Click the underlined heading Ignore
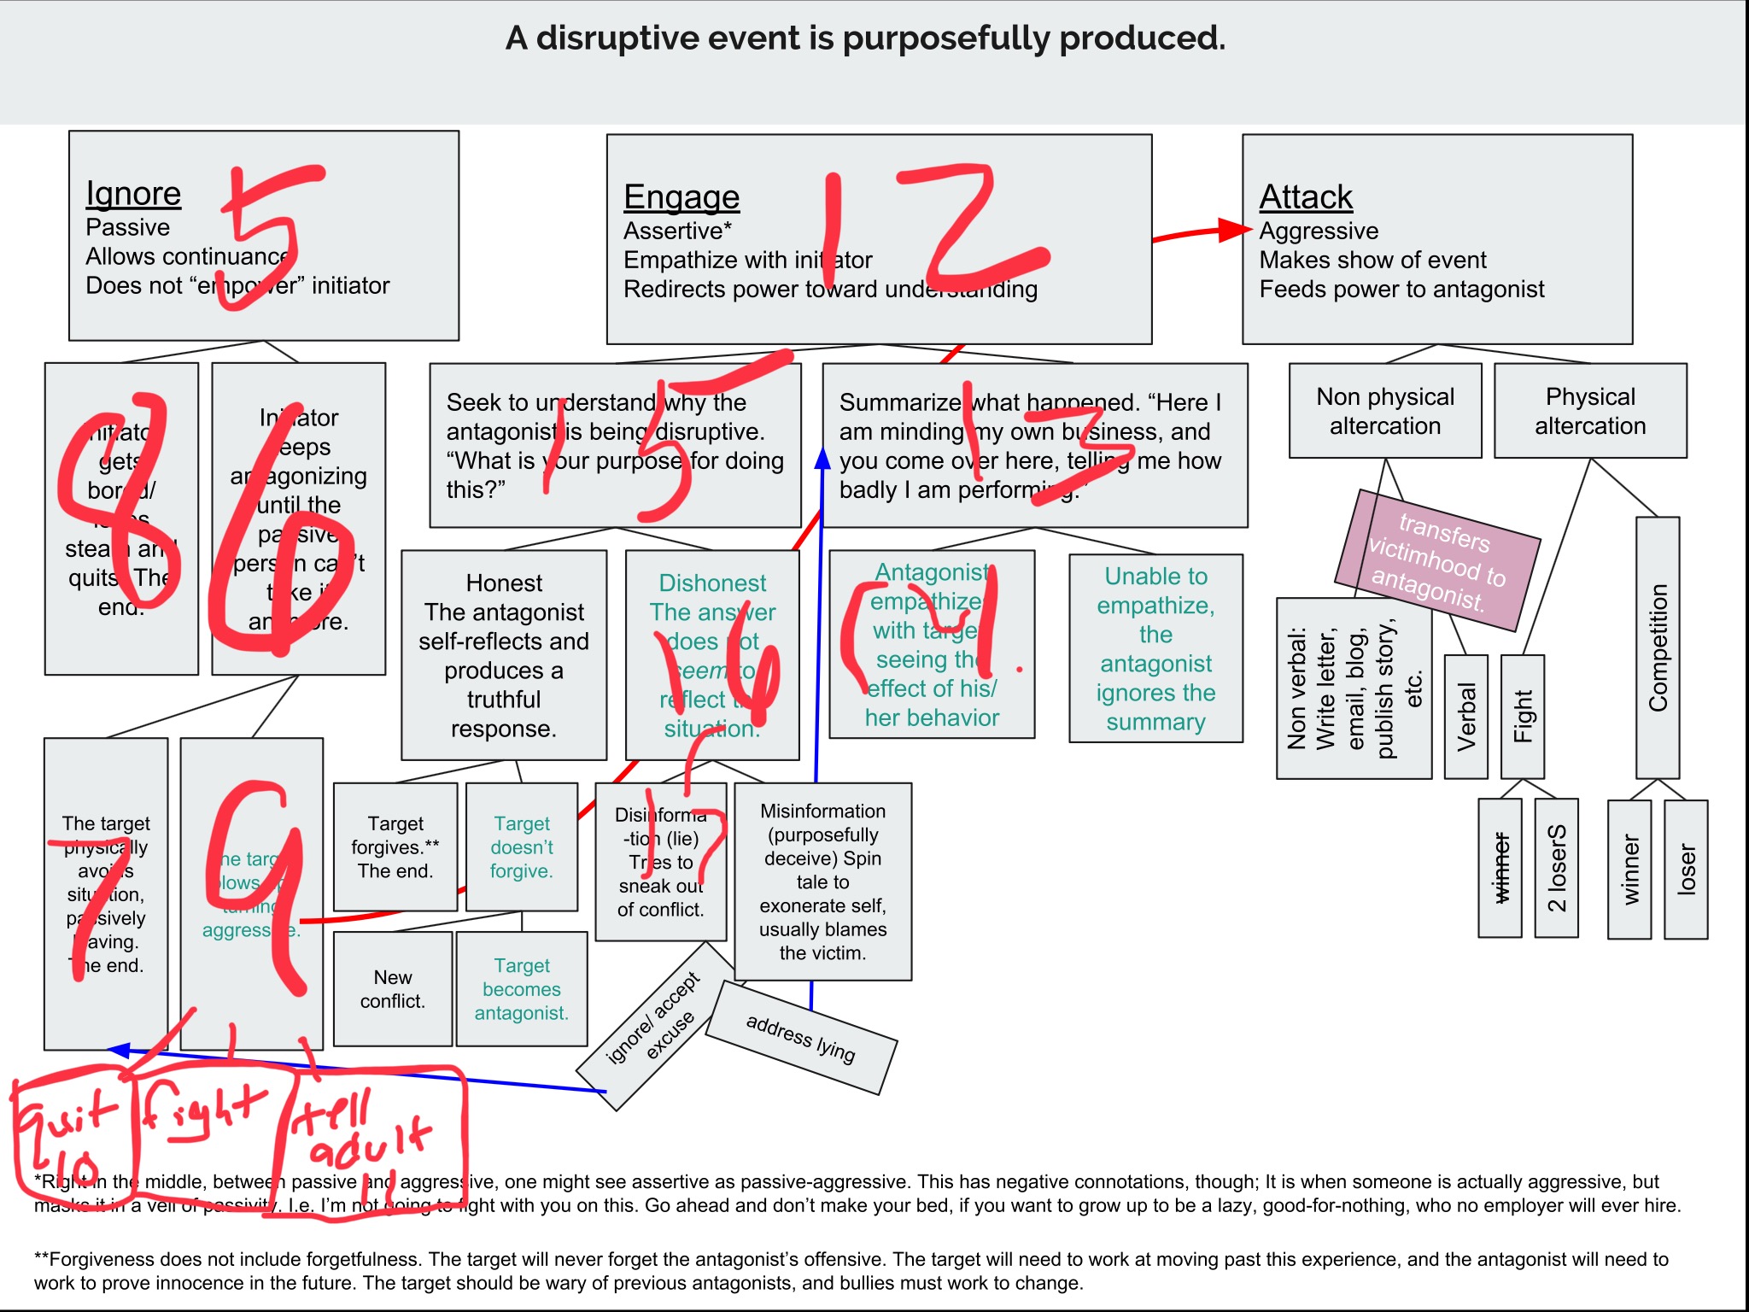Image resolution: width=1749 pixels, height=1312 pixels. [x=133, y=194]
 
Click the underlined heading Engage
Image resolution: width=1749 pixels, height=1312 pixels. [x=681, y=197]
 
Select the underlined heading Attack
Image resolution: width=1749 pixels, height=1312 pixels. [x=1306, y=197]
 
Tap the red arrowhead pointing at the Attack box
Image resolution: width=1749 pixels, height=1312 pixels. [x=1235, y=230]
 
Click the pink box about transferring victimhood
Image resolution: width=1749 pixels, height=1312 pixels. [x=1440, y=560]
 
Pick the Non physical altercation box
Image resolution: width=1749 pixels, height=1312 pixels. [x=1384, y=411]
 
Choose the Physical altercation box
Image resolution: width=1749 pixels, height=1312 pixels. [x=1589, y=411]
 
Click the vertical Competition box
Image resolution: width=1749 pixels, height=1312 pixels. [x=1657, y=647]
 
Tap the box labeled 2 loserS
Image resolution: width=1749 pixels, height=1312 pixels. [x=1556, y=868]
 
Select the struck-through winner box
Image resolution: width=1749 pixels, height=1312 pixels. [x=1500, y=868]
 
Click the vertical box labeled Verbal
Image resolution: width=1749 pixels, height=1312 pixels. [x=1465, y=717]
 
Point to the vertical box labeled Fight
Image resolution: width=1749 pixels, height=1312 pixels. [x=1522, y=717]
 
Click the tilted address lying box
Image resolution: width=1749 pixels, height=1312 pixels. [x=801, y=1037]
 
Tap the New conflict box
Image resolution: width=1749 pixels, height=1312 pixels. [x=392, y=988]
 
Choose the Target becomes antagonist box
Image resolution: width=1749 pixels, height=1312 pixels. [x=522, y=988]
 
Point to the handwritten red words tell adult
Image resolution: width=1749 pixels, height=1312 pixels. [x=363, y=1132]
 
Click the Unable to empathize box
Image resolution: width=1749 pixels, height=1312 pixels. [x=1155, y=648]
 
